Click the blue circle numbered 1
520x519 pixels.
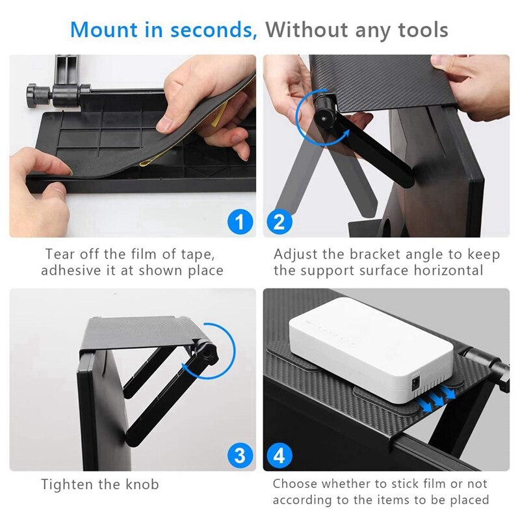[x=239, y=222]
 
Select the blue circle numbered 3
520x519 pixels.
[x=239, y=455]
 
